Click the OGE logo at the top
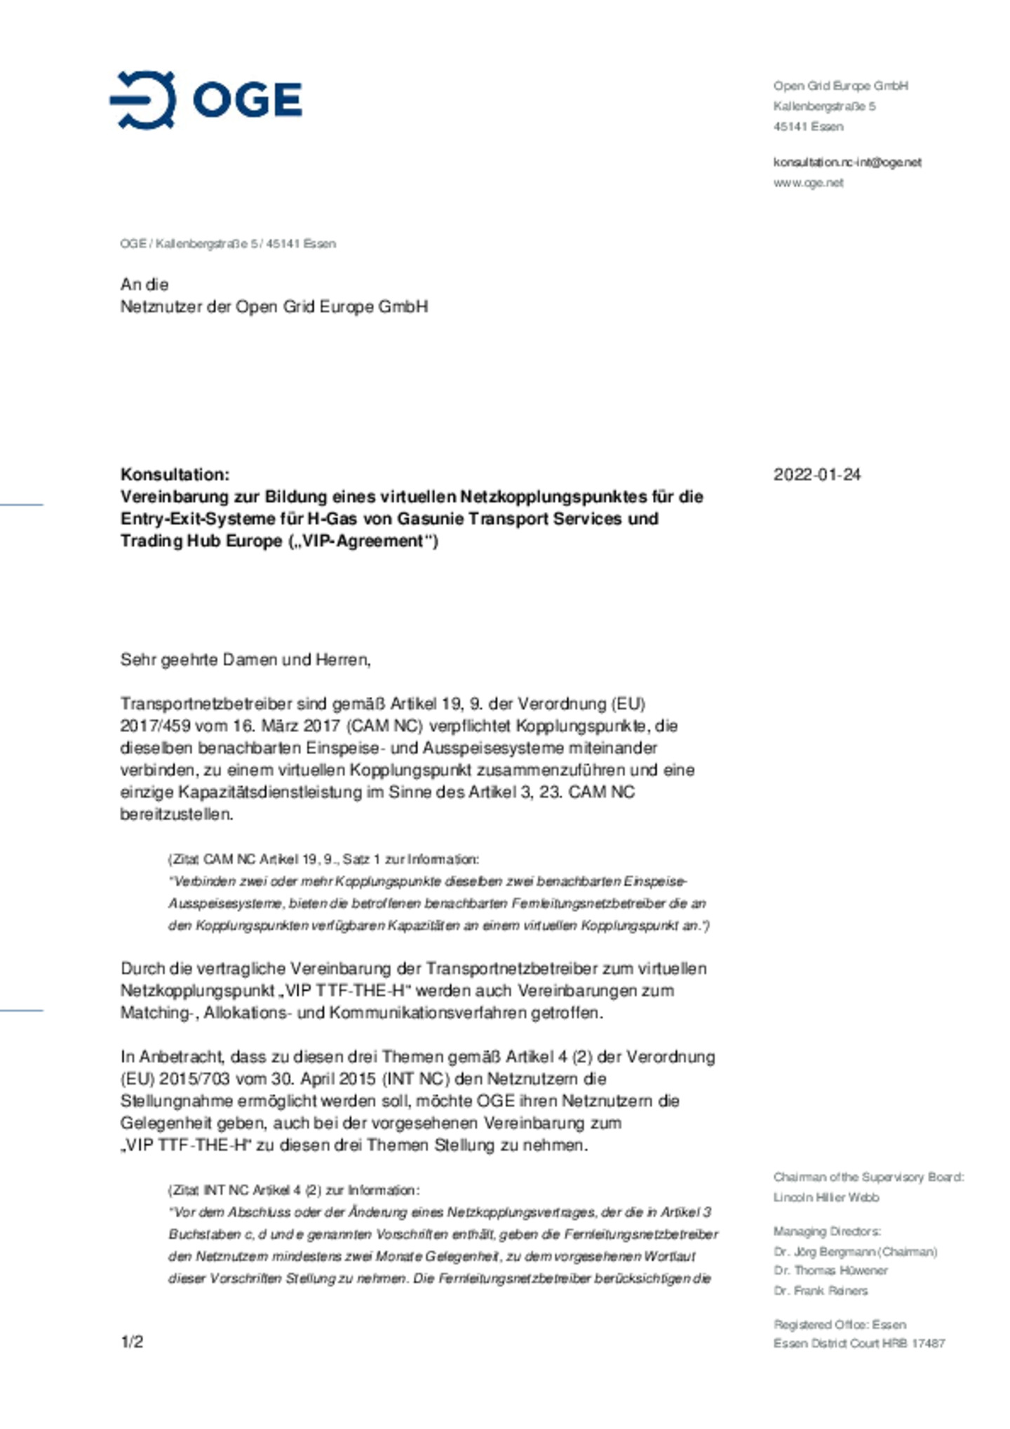point(206,100)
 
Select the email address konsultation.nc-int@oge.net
point(847,162)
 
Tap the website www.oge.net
point(808,182)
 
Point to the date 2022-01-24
point(816,475)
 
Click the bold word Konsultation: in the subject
point(175,475)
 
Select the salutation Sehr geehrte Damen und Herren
point(245,660)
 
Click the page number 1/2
point(132,1342)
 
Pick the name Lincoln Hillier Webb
point(826,1197)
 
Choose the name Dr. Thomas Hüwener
point(830,1270)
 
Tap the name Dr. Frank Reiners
point(820,1290)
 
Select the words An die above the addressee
point(144,284)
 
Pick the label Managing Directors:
point(827,1231)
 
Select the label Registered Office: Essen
point(840,1325)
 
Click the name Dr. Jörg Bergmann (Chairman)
point(855,1252)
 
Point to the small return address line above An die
point(228,244)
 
